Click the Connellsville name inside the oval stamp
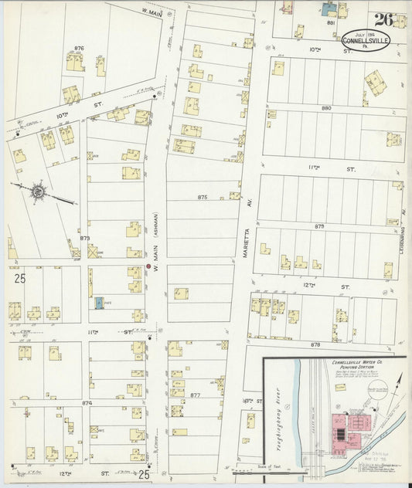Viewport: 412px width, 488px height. [x=366, y=40]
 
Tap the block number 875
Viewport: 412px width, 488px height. [x=203, y=198]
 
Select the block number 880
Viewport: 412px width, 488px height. [x=326, y=108]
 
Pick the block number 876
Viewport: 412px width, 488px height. [x=78, y=49]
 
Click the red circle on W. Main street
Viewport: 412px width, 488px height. [x=148, y=267]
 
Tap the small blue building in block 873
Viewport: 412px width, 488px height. [x=99, y=303]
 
